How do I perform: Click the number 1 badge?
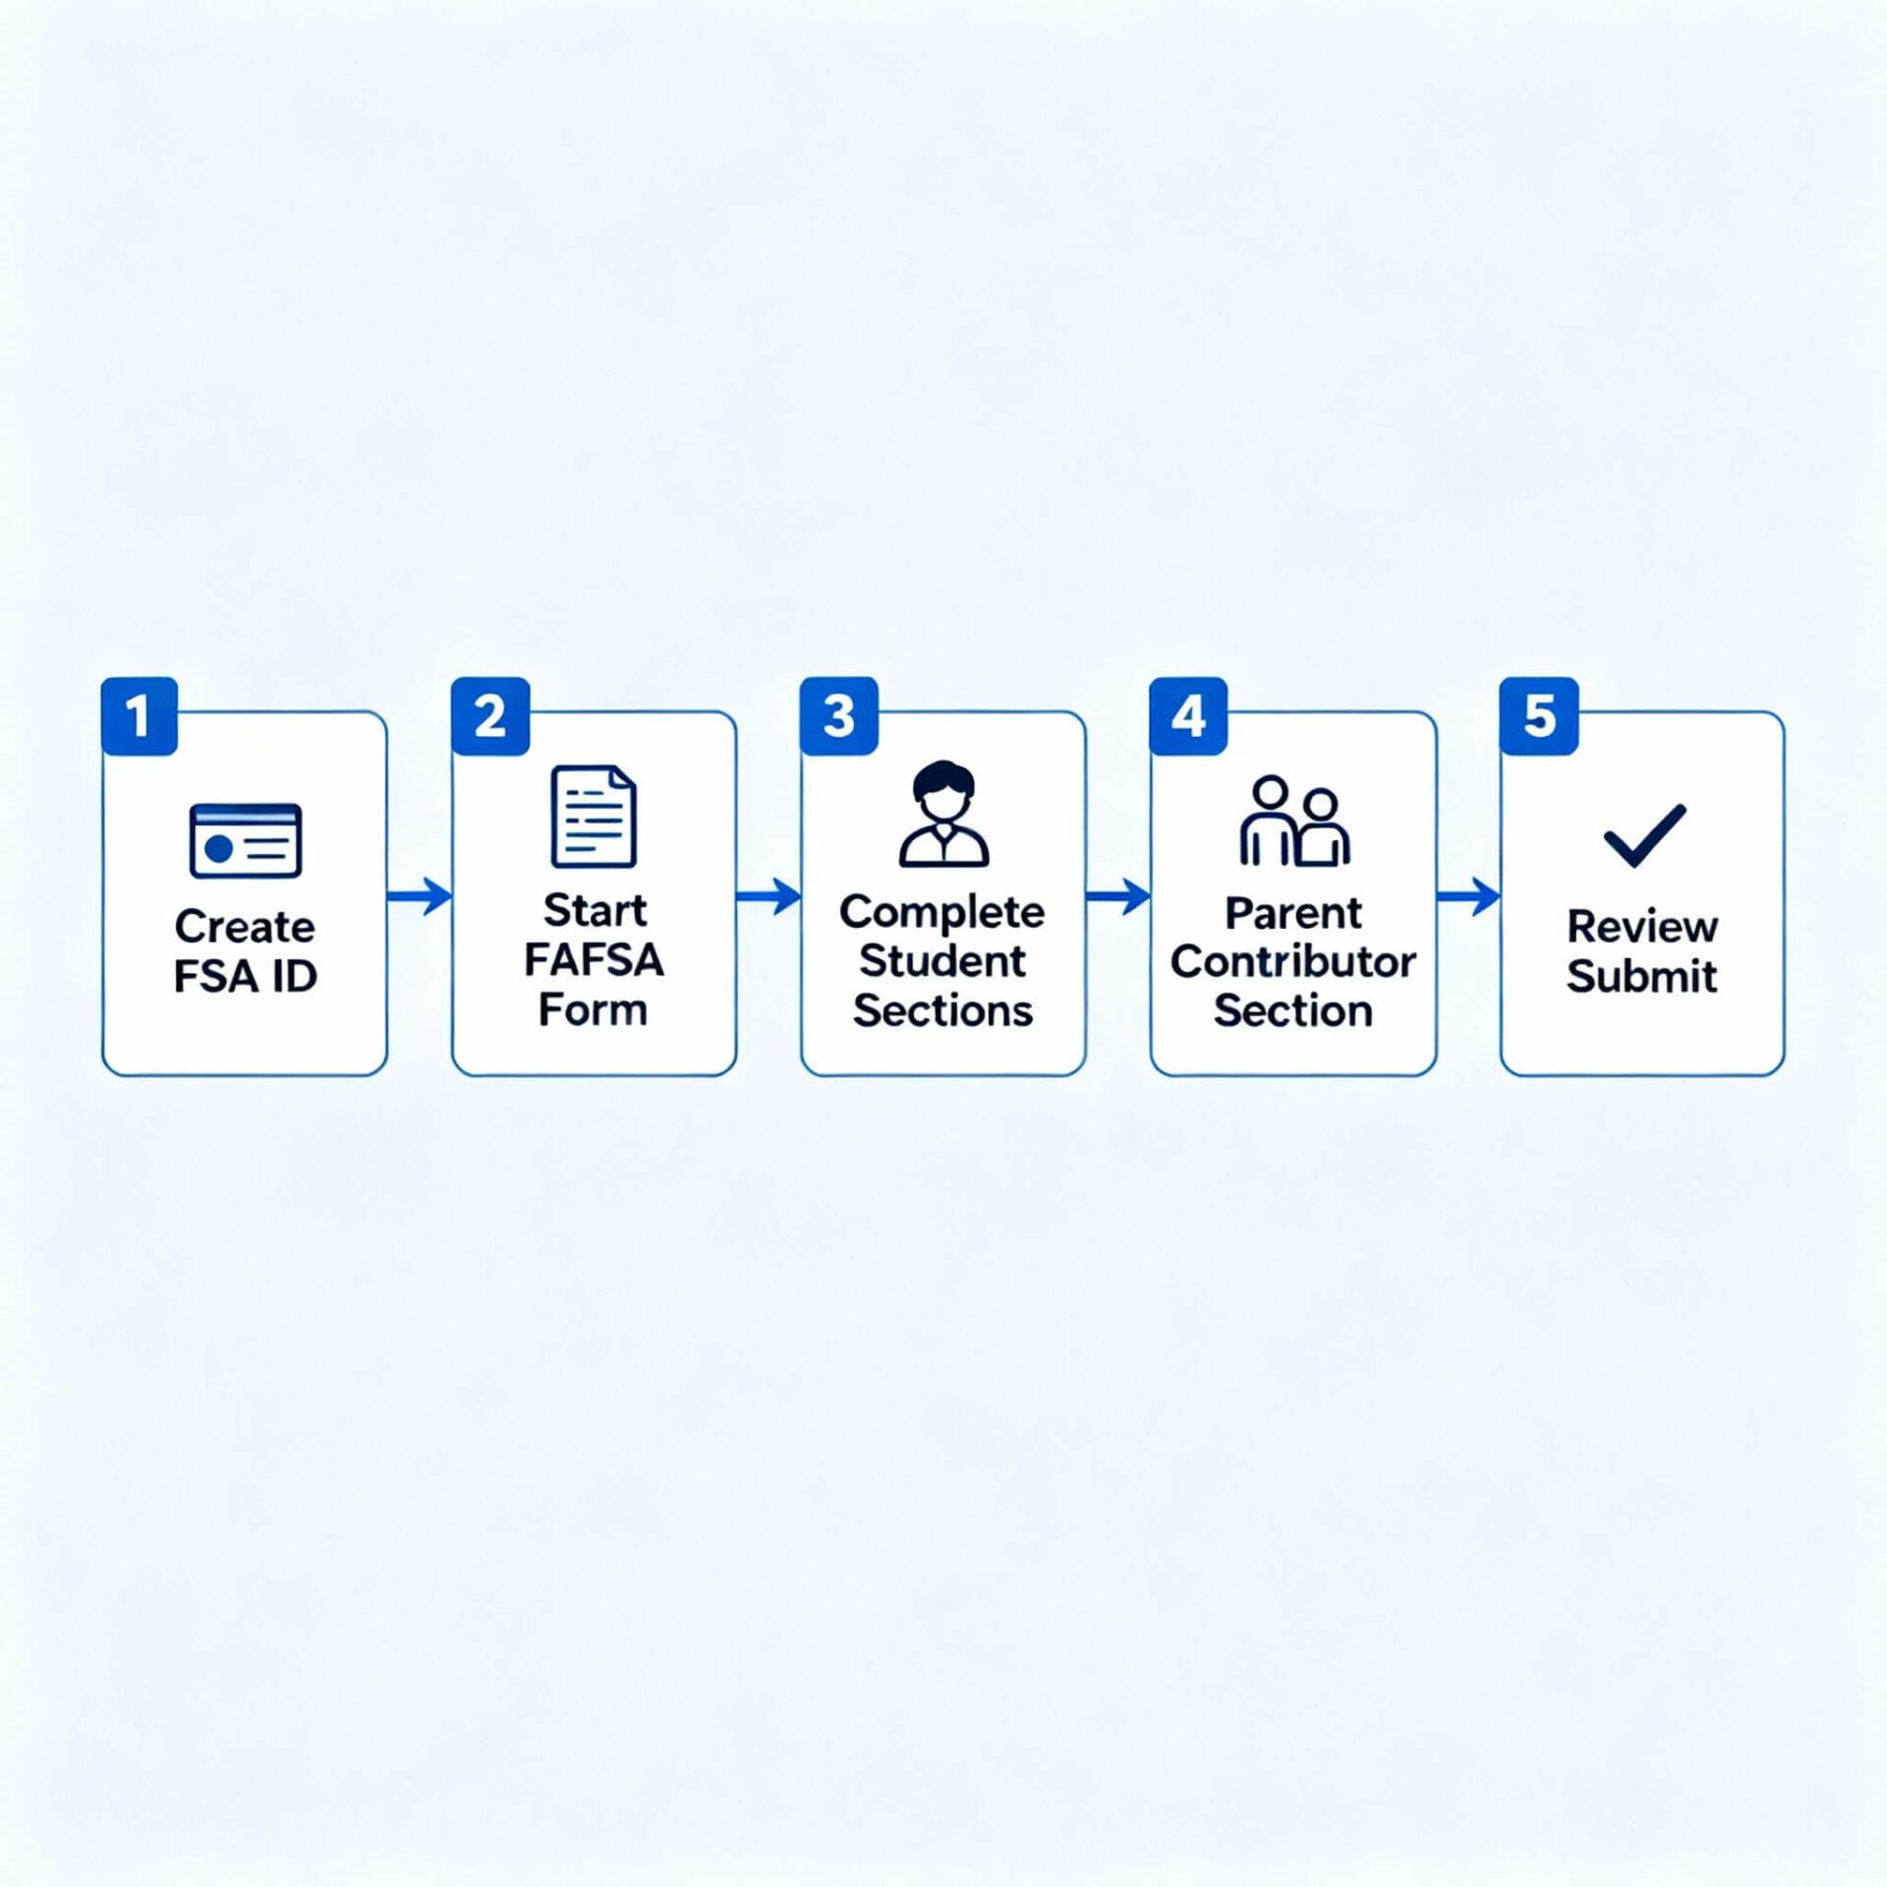click(x=140, y=715)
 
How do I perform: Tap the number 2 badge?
click(x=490, y=715)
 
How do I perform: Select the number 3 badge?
click(x=839, y=715)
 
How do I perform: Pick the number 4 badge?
click(x=1188, y=715)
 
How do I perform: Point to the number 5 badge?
click(x=1539, y=715)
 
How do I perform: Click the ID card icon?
click(x=246, y=840)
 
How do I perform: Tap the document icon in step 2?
click(x=594, y=816)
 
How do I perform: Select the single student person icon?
click(x=943, y=813)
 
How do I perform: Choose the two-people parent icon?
click(x=1294, y=821)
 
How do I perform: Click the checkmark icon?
click(x=1644, y=835)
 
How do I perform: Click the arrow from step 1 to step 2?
click(x=420, y=895)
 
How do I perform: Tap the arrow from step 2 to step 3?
click(x=769, y=895)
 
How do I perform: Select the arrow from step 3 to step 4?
click(x=1118, y=895)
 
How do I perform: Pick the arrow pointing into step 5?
click(x=1468, y=895)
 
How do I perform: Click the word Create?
click(x=245, y=926)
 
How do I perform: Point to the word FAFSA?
click(x=594, y=959)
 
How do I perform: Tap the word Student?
click(x=943, y=960)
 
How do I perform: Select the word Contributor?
click(x=1293, y=961)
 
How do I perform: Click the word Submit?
click(x=1641, y=976)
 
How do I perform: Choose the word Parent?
click(x=1293, y=914)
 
